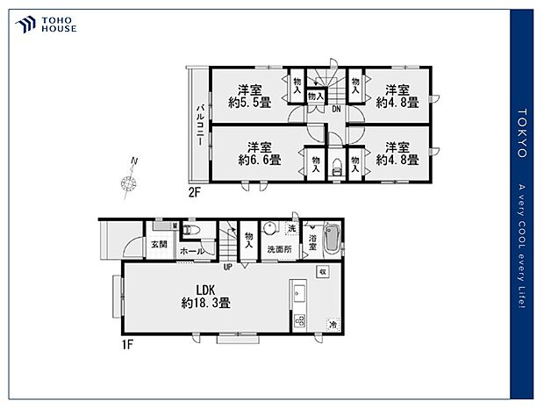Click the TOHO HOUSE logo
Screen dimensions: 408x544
point(46,25)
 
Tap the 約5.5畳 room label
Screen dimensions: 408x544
point(250,96)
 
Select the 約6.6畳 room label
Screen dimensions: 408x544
point(259,154)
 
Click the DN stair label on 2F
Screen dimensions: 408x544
point(336,109)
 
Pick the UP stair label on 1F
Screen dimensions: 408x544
point(228,267)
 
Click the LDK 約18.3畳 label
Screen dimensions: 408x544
point(205,296)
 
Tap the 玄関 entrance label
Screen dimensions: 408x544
point(158,244)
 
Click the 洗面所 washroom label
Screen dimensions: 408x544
point(279,249)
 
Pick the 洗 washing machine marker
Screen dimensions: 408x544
point(292,229)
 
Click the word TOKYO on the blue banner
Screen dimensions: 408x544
point(522,132)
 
